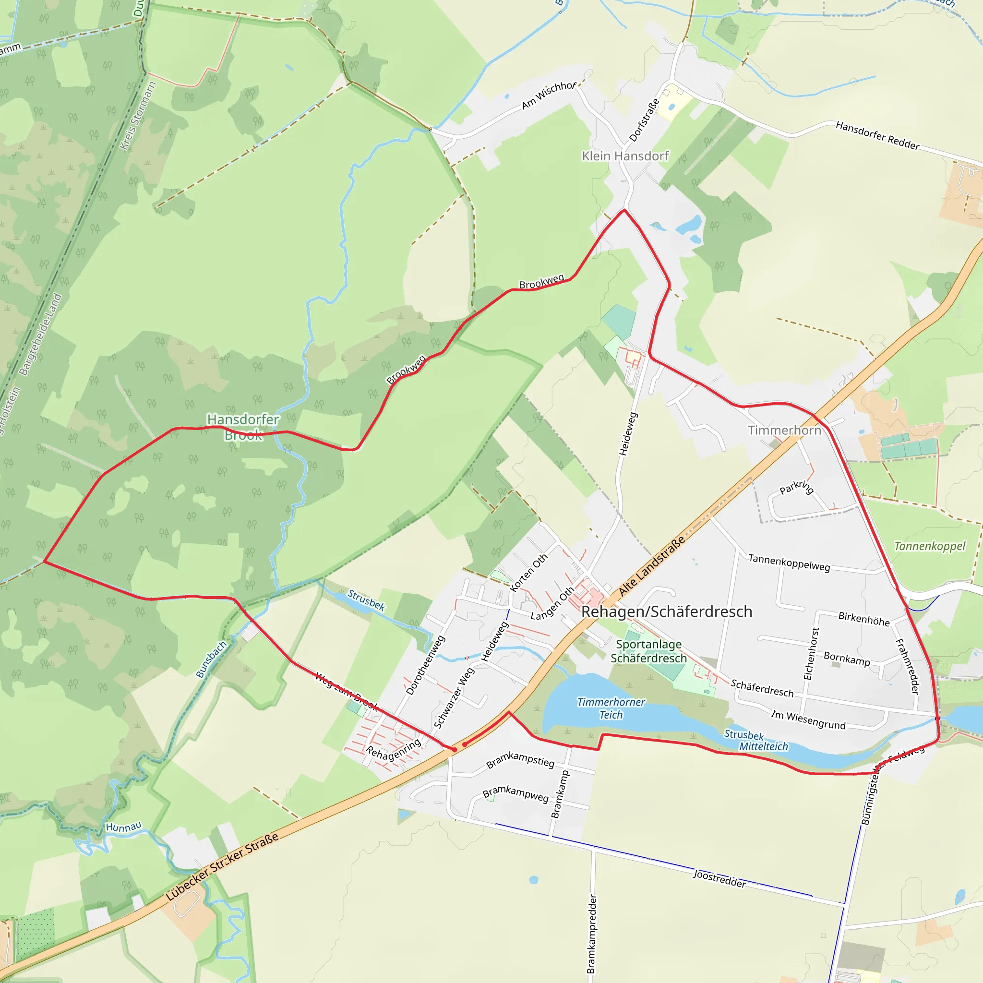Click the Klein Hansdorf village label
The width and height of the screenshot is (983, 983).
point(625,156)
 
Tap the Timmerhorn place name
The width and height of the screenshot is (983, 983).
point(784,431)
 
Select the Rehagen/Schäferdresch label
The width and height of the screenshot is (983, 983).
point(667,611)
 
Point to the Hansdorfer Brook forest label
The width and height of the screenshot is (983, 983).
point(243,427)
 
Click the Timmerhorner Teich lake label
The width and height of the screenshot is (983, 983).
point(611,708)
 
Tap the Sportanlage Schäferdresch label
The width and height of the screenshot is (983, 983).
point(649,651)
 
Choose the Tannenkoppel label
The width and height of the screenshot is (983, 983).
point(930,546)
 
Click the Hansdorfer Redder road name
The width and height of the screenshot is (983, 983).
point(877,135)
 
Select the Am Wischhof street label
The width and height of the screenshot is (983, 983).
point(549,95)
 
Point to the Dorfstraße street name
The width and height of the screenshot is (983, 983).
point(644,120)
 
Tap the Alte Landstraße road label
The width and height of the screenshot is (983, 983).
point(652,566)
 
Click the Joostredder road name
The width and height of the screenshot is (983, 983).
point(719,879)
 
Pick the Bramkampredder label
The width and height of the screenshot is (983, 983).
point(591,934)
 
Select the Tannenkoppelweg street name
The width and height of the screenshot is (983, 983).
point(789,563)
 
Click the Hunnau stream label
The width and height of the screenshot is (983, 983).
point(124,827)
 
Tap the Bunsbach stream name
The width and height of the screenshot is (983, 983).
point(211,659)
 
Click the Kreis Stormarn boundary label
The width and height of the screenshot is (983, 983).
point(138,116)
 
